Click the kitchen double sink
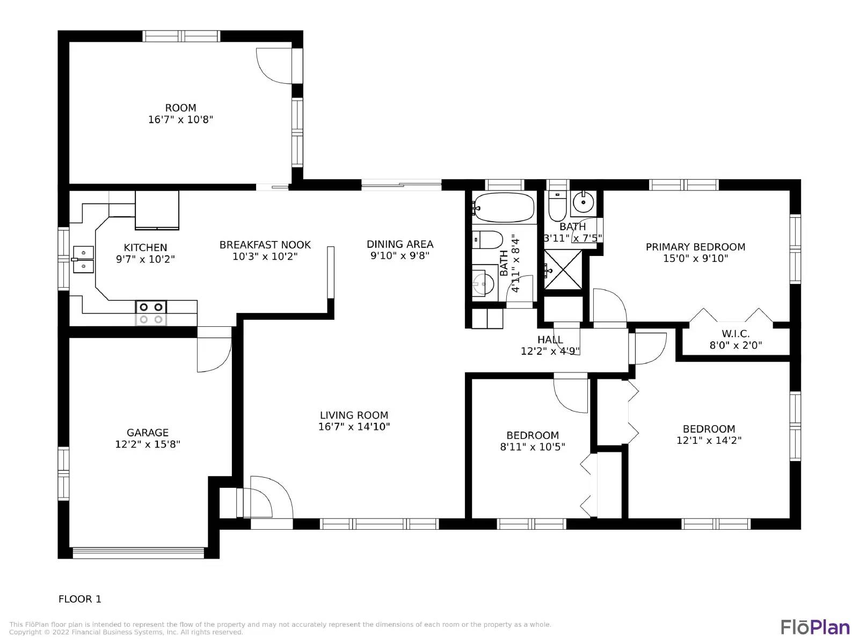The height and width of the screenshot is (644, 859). click(x=83, y=259)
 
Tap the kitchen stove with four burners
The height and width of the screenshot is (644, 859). click(x=151, y=313)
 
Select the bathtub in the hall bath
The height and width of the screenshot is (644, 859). click(x=504, y=208)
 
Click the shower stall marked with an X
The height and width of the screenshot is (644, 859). click(x=563, y=269)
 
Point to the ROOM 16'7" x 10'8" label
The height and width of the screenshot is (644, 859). click(x=180, y=114)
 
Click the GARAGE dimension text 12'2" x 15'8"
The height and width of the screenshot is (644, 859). click(x=148, y=444)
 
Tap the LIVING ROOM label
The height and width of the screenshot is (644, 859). click(x=354, y=415)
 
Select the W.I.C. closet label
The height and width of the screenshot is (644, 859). click(x=736, y=334)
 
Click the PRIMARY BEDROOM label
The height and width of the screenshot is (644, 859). click(x=695, y=247)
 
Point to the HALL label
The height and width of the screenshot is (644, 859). click(x=550, y=340)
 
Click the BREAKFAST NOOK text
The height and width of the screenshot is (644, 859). click(x=265, y=245)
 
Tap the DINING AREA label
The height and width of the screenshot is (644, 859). click(x=400, y=244)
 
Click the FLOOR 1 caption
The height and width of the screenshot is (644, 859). click(x=80, y=599)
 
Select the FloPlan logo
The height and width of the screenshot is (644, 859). click(x=815, y=627)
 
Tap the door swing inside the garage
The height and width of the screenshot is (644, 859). click(x=214, y=354)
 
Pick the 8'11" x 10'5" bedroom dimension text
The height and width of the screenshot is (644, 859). click(x=533, y=447)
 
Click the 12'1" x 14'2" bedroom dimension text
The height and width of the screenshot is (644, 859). click(x=709, y=441)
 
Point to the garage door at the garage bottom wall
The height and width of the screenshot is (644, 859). click(x=139, y=552)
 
